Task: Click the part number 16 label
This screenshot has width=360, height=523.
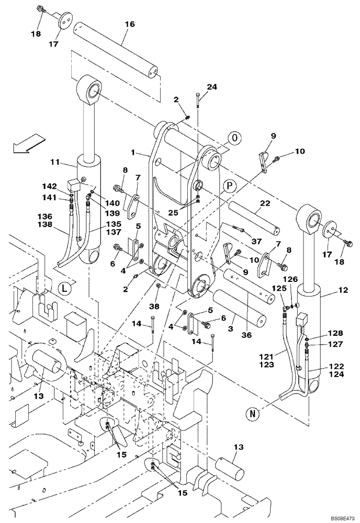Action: pos(130,24)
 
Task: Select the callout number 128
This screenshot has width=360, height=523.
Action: pos(335,333)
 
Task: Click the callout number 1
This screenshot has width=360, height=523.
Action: pos(134,153)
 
